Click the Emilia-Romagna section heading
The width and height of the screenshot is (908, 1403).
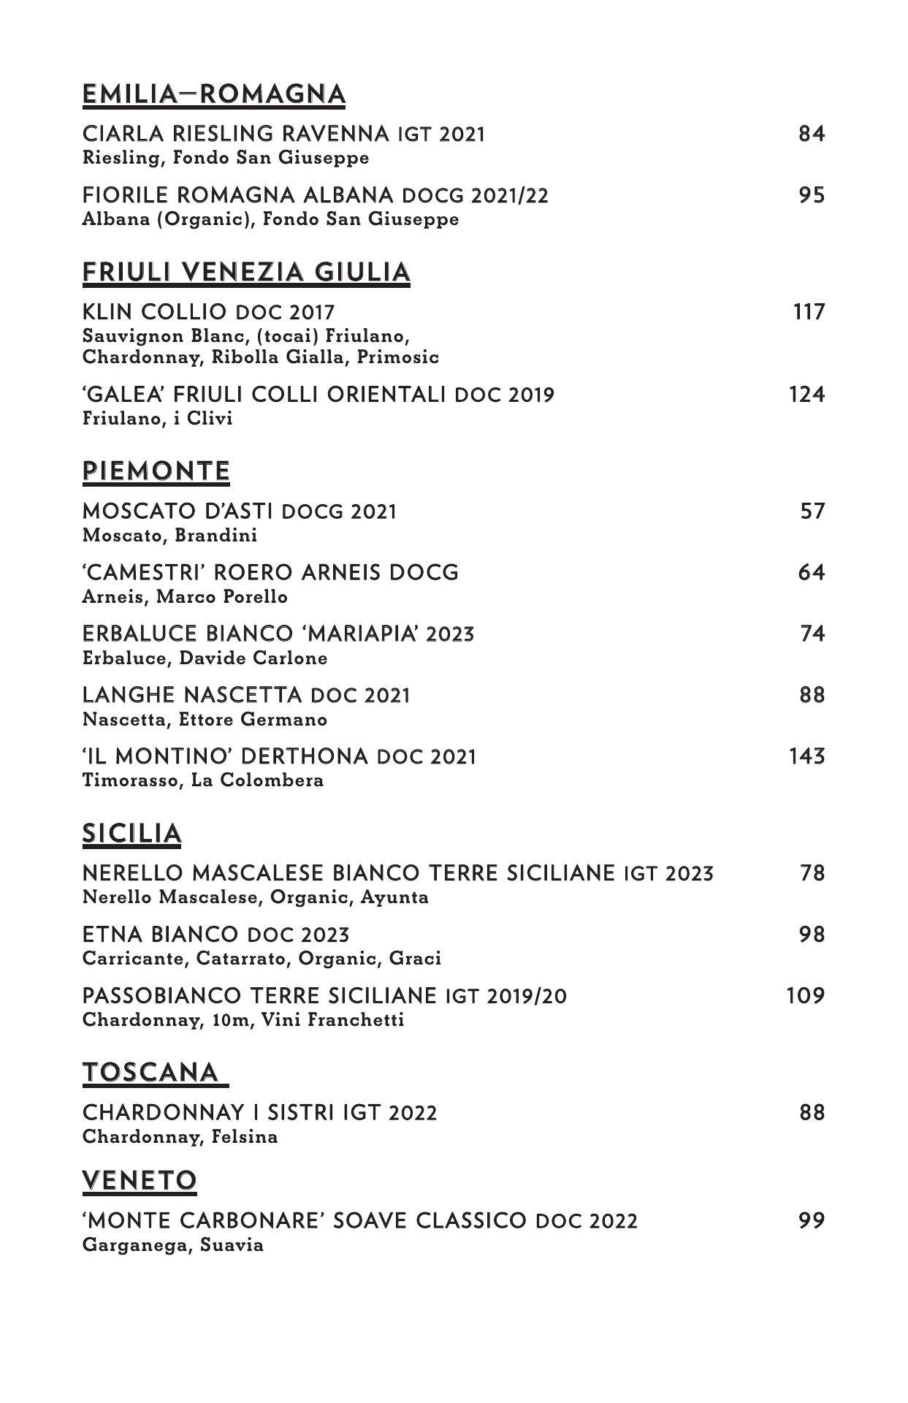coord(213,95)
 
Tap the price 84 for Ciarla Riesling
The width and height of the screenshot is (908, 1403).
coord(812,134)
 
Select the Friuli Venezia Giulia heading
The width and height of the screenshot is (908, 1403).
coord(246,273)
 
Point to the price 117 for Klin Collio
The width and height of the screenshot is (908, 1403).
coord(809,313)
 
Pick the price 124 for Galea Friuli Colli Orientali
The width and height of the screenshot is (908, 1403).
coord(807,395)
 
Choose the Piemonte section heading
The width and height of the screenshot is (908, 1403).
coord(156,471)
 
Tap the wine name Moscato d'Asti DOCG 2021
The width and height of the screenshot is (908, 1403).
coord(240,512)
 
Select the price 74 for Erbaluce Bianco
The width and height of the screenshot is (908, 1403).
coord(812,634)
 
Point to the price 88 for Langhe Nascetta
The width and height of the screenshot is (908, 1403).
coord(812,695)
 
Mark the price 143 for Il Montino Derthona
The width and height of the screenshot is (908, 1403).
coord(807,756)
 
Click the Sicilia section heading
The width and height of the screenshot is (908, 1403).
coord(131,834)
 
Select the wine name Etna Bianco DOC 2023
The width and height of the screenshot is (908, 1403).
coord(215,935)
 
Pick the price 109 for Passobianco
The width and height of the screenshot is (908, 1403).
coord(806,997)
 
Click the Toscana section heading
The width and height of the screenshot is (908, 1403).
coord(150,1073)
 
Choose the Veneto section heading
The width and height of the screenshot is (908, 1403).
coord(140,1180)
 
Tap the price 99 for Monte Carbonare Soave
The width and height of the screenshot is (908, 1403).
coord(812,1221)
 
